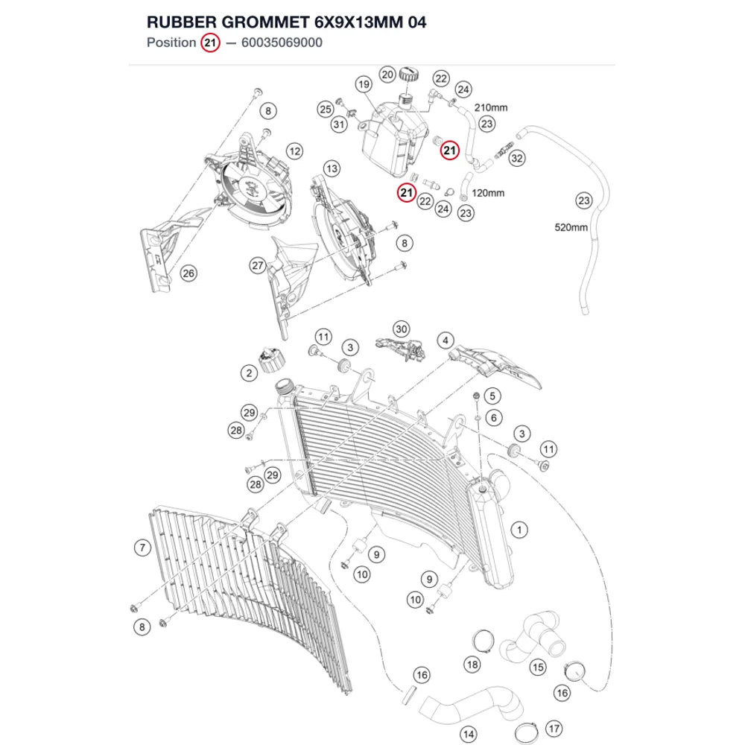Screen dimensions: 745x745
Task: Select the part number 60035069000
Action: [282, 42]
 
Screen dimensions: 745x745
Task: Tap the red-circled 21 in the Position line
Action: [210, 42]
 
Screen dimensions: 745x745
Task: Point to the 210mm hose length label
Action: [491, 108]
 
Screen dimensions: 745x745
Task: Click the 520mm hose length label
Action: [571, 227]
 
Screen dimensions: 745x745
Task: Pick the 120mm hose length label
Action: [488, 194]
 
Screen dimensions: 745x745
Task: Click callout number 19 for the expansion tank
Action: [364, 85]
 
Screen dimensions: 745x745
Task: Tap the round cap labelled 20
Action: [408, 74]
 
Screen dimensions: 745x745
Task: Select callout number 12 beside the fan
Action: [294, 151]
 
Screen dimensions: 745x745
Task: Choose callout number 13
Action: [332, 168]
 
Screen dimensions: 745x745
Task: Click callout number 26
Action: [188, 273]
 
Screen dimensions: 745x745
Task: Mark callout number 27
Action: [258, 266]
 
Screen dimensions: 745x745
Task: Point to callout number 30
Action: [402, 329]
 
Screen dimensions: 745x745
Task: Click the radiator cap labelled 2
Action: [271, 360]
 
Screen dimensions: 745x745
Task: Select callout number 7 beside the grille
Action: [142, 548]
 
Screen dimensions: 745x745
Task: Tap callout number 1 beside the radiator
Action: [519, 530]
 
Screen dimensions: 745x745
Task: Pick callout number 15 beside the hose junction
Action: [538, 668]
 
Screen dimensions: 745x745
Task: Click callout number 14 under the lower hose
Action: [469, 735]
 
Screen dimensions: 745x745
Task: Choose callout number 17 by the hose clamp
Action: [554, 729]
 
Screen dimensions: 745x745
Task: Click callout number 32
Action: [517, 158]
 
